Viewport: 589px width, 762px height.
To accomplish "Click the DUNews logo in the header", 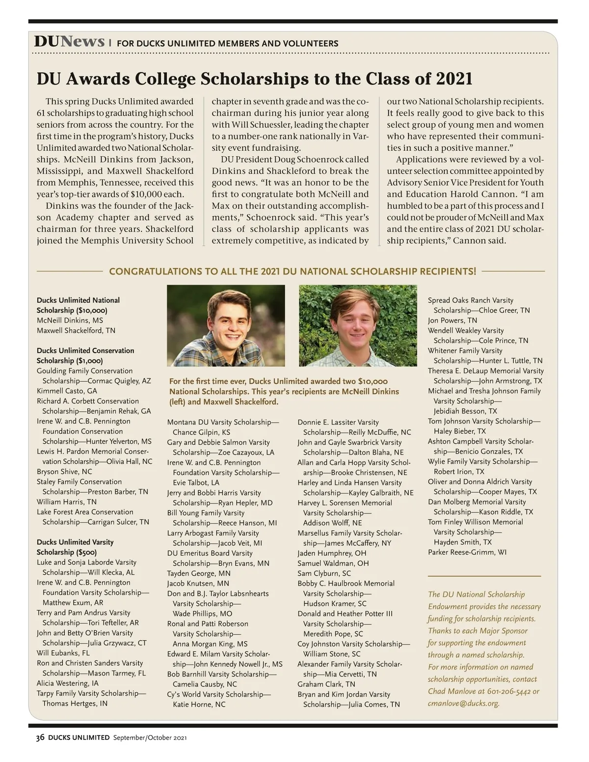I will click(x=69, y=42).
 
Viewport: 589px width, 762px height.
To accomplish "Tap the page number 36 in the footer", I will click(x=40, y=737).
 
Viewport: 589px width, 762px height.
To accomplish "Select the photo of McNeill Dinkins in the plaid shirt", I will click(x=226, y=325).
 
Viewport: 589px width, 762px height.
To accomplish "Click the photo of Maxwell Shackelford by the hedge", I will click(x=358, y=325).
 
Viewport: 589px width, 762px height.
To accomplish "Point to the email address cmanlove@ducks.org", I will click(x=464, y=703).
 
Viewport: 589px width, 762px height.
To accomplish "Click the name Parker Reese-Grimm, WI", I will click(x=467, y=552).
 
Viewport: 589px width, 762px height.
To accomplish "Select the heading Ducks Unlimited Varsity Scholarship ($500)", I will click(x=75, y=547).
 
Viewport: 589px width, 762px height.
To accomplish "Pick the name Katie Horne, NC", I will click(x=199, y=705).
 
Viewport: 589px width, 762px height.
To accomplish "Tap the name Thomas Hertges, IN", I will click(x=75, y=703).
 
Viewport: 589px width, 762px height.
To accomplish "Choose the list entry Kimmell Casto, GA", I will click(x=67, y=391).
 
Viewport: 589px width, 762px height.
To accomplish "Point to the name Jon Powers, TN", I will click(x=452, y=320).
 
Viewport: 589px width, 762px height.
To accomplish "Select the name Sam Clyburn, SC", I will click(x=324, y=573).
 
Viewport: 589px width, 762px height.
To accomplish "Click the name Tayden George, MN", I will click(x=198, y=573).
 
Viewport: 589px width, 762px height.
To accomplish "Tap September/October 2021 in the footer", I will click(x=150, y=737).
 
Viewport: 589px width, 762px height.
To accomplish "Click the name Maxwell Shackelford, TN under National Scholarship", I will click(x=76, y=331).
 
